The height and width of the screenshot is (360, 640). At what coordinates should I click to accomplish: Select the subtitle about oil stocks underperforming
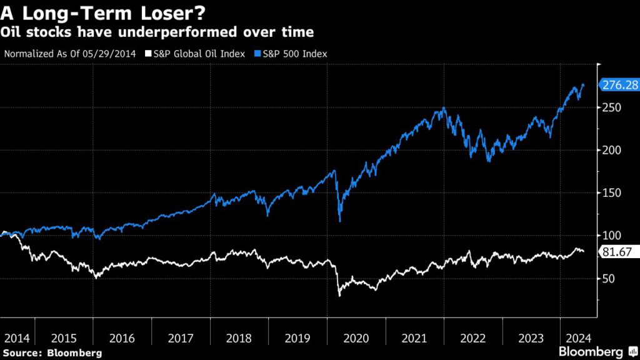tap(157, 31)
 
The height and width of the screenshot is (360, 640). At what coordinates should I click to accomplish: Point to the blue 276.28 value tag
tap(618, 84)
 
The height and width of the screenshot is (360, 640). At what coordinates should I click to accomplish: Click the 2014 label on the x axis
tap(17, 338)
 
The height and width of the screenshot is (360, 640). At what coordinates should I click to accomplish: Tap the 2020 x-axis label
tap(357, 338)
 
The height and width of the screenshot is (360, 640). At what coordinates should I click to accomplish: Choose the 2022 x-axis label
tap(474, 338)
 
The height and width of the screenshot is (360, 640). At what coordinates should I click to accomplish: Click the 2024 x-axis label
tap(577, 338)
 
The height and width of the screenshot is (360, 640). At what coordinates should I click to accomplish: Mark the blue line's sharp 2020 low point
tap(339, 221)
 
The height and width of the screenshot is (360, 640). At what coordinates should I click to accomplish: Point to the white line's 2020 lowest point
tap(339, 295)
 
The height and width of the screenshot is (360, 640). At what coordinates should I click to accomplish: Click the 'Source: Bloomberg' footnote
tap(51, 352)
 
